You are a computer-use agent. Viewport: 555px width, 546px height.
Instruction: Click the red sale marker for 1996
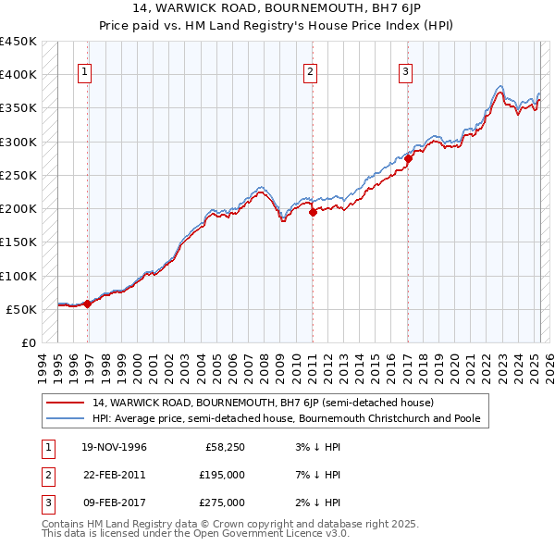tap(87, 303)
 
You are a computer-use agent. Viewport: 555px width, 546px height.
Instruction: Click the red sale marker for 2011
tap(313, 211)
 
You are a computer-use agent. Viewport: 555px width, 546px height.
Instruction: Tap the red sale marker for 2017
tap(408, 158)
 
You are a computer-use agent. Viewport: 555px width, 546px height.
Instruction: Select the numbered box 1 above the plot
tap(84, 71)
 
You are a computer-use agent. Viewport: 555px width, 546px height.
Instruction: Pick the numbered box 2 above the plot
tap(311, 71)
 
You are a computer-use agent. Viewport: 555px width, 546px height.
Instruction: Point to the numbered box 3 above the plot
tap(406, 71)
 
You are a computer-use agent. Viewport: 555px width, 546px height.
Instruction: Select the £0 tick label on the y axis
tap(29, 343)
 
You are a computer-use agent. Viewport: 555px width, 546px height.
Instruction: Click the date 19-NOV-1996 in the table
tap(114, 447)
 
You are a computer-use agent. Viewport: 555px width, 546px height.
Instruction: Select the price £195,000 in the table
tap(223, 475)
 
